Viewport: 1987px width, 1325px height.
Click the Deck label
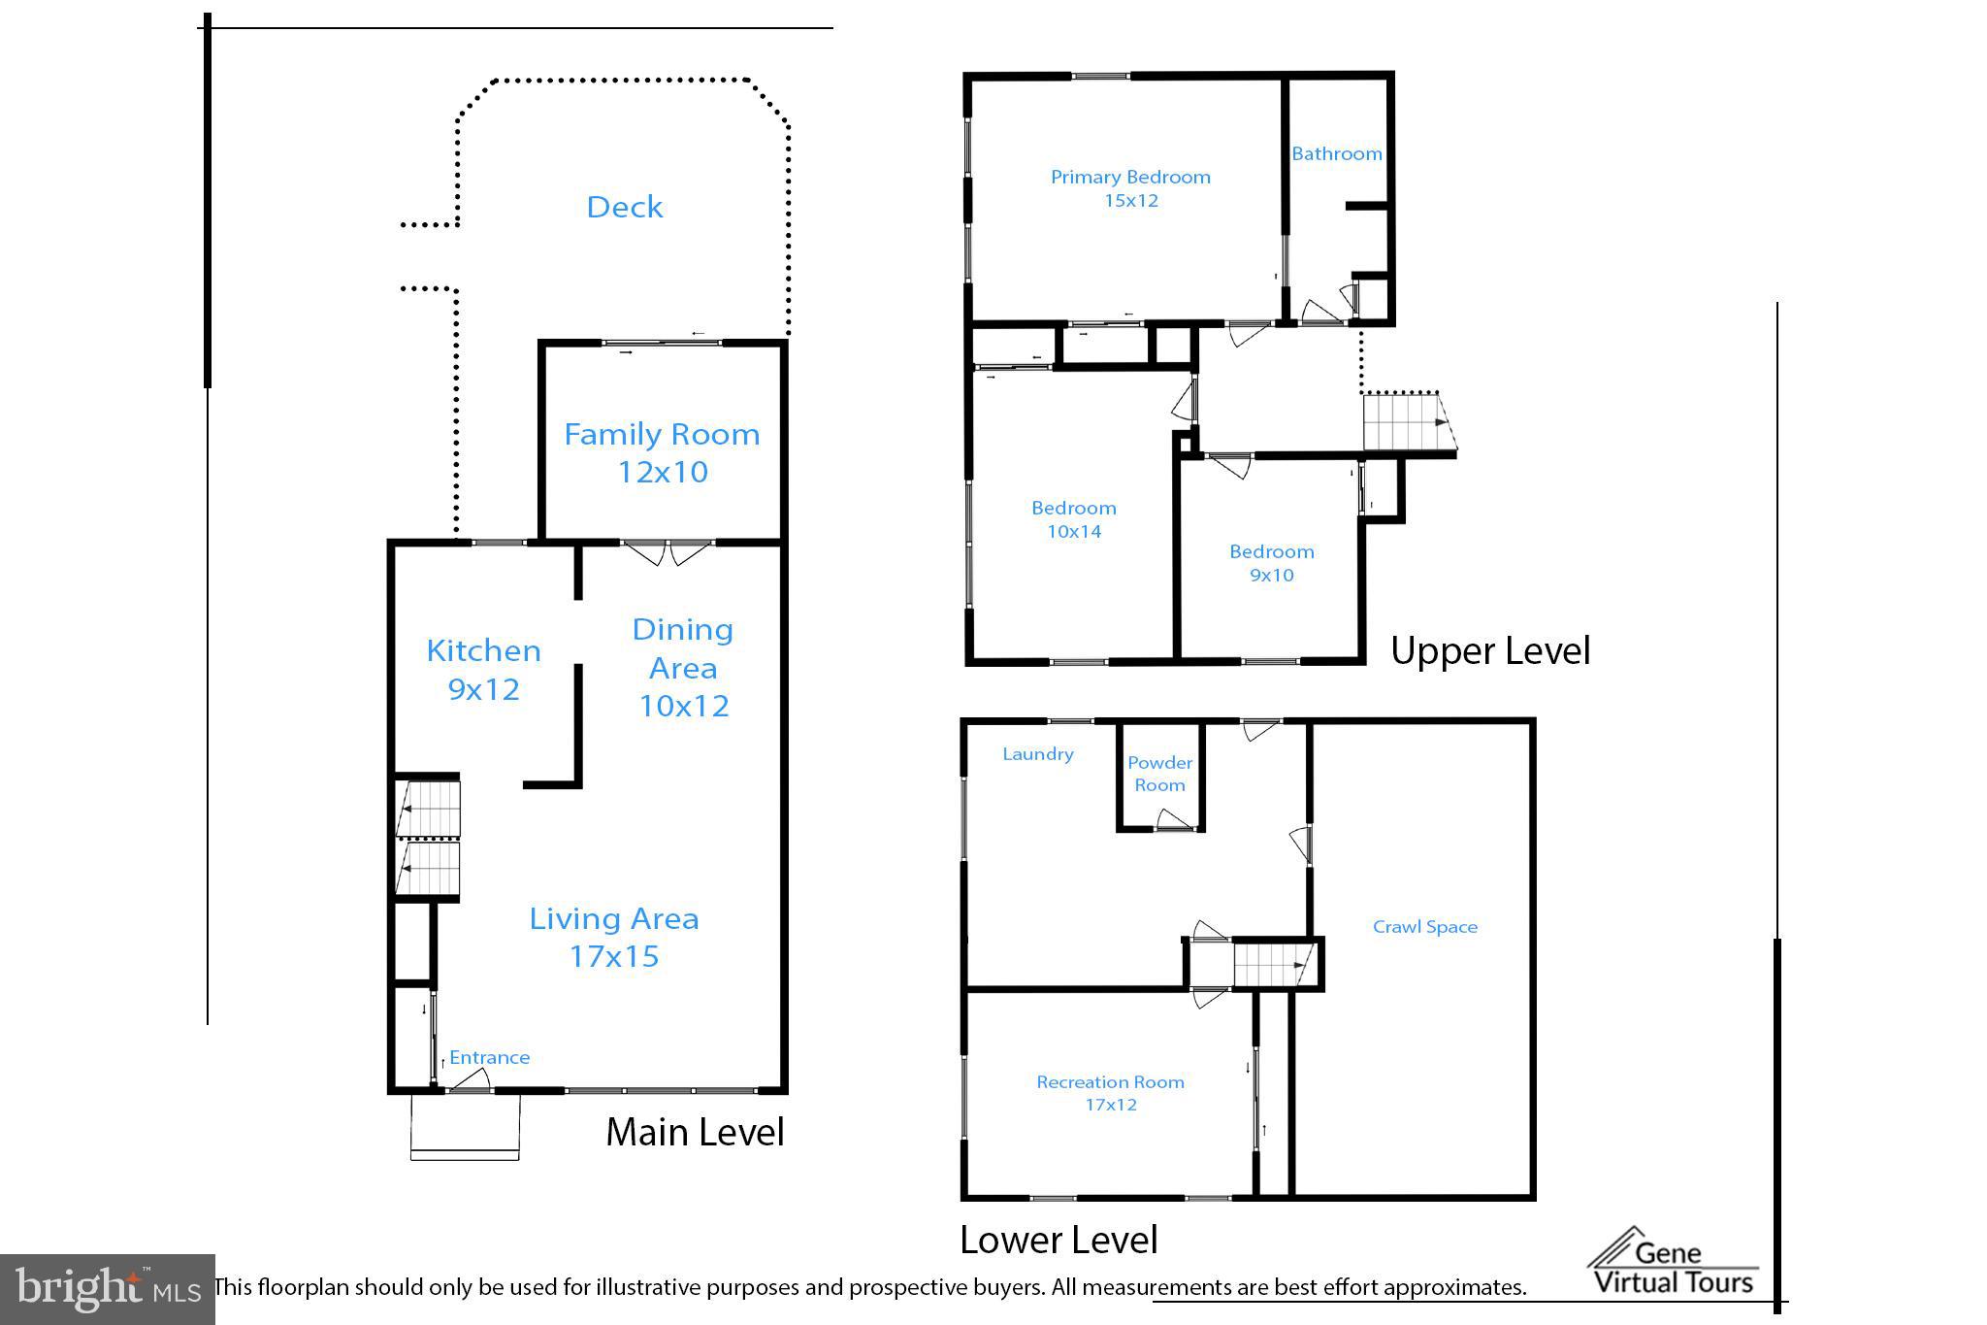(625, 207)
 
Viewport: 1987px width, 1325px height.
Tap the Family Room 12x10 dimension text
(663, 473)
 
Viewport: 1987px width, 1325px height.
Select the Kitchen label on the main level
(483, 650)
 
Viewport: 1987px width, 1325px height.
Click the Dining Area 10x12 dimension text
(683, 706)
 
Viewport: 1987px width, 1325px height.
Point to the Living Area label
(613, 918)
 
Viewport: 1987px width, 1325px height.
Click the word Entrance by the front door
(489, 1057)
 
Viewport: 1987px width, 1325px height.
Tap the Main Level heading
(695, 1132)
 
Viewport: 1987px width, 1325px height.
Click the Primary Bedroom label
(1130, 177)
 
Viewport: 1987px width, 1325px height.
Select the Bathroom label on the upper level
(1336, 153)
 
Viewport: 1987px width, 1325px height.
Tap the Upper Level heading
(1489, 650)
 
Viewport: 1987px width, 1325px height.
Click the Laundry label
(1037, 754)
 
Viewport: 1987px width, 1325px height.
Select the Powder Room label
(1159, 774)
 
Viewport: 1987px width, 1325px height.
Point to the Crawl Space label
(1424, 927)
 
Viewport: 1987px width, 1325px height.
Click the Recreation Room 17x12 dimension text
(1110, 1105)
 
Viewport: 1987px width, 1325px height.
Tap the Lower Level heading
(1059, 1240)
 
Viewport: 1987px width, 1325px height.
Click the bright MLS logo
(107, 1289)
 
